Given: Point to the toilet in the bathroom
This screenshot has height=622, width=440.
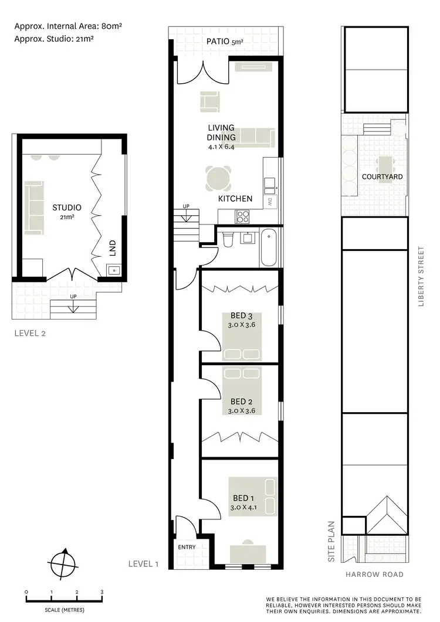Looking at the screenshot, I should [x=228, y=239].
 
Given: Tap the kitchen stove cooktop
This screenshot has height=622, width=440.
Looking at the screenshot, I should [x=243, y=216].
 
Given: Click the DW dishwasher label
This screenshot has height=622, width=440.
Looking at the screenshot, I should [x=270, y=202].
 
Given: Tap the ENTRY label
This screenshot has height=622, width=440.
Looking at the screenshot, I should [x=187, y=547].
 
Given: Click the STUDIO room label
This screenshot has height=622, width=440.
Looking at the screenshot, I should [x=66, y=207].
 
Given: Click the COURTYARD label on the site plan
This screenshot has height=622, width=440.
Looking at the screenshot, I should [x=382, y=176].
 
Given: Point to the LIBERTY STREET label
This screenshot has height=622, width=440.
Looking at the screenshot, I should [x=420, y=276].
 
